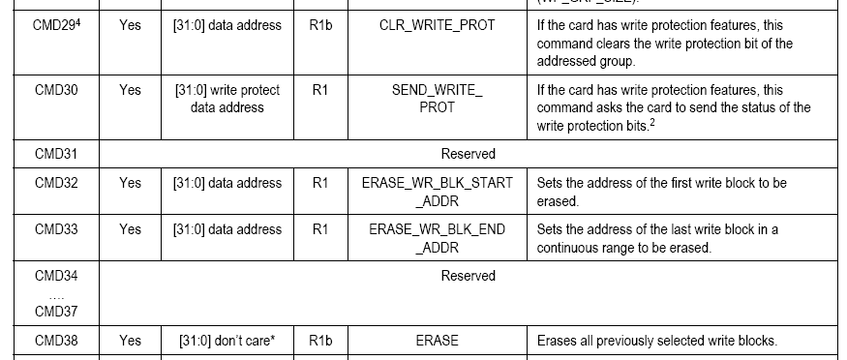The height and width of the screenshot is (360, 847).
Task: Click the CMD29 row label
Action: tap(57, 25)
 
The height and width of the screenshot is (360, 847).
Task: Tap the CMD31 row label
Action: tap(56, 154)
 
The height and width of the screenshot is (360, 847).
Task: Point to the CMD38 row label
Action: tap(56, 341)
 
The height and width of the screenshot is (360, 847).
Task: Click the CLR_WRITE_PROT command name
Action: tap(437, 25)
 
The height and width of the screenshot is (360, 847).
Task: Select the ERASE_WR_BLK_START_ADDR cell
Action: tap(437, 192)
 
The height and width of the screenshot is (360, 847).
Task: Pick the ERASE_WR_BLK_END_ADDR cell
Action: tap(437, 239)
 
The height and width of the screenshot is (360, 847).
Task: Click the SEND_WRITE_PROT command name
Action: tap(437, 99)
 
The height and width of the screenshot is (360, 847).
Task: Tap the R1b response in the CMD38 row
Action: tap(320, 341)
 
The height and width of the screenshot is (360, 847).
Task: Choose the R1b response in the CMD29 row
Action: tap(320, 25)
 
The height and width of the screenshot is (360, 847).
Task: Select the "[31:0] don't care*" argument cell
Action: tap(227, 341)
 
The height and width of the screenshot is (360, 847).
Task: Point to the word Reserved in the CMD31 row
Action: tap(468, 154)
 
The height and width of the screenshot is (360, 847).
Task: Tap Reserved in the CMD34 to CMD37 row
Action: tap(468, 276)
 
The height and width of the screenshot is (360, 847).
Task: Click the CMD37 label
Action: tap(56, 312)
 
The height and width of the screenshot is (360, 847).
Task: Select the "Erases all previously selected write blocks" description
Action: tap(657, 341)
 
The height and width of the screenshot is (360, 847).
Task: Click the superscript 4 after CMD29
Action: tap(77, 22)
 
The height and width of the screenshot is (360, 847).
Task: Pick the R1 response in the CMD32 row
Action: tap(320, 183)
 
